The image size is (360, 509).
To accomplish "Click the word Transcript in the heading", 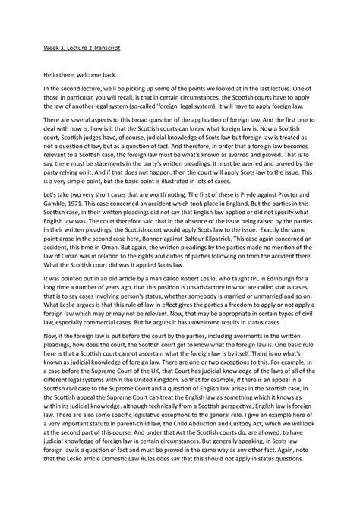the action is pyautogui.click(x=104, y=48).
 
